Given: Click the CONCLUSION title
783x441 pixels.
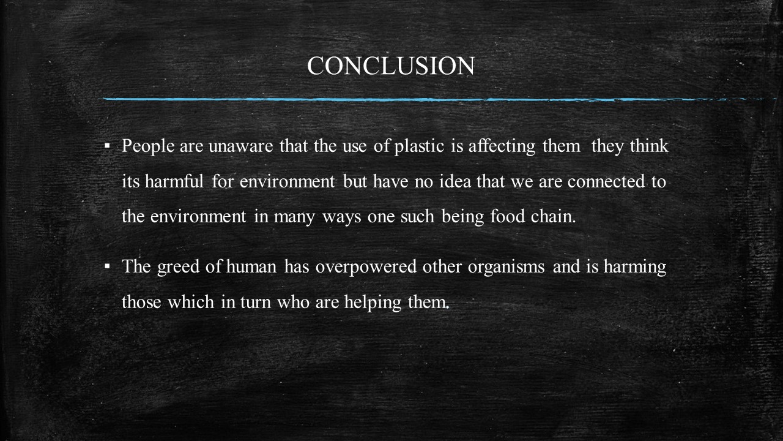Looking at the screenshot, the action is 391,66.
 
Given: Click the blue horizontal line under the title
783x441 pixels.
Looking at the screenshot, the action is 434,100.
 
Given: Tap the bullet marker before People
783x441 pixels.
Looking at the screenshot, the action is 107,145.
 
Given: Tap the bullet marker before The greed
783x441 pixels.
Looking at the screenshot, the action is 107,266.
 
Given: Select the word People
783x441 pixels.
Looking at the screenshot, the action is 148,146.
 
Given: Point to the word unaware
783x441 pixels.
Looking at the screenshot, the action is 241,146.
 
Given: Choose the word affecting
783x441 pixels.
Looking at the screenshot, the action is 502,146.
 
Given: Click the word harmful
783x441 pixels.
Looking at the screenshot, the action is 174,181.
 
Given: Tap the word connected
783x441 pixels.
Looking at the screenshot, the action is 606,181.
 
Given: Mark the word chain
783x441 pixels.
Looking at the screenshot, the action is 553,216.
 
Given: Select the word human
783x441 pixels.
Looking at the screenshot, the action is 251,266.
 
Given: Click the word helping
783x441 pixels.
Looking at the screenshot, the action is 373,303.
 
